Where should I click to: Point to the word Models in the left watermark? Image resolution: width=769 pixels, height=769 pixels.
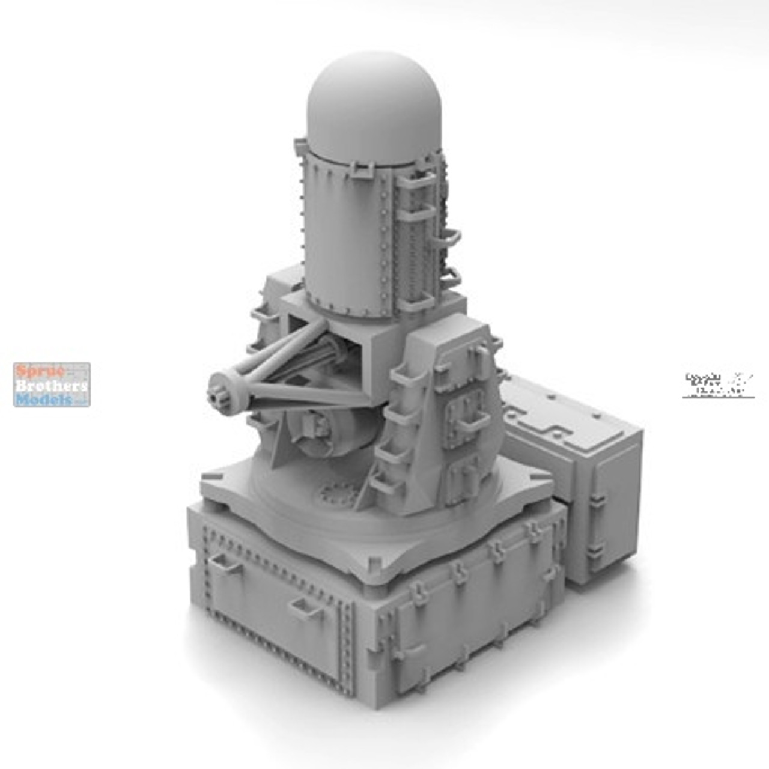[44, 398]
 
